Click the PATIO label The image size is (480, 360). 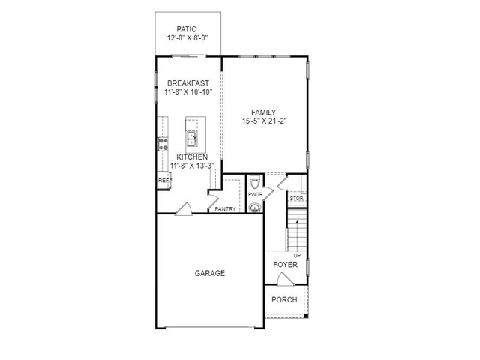[x=187, y=29]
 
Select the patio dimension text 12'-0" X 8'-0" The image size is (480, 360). [x=187, y=38]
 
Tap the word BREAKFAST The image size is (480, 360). [x=187, y=83]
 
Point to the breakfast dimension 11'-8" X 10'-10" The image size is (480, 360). [x=187, y=92]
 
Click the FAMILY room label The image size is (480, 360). [x=264, y=112]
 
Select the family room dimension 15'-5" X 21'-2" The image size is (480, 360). [x=264, y=121]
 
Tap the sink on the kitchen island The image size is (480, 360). [x=192, y=139]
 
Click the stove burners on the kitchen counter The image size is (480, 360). [x=163, y=144]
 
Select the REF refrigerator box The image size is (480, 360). [x=163, y=181]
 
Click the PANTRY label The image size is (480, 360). [x=225, y=209]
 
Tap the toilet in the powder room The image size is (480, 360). [x=254, y=183]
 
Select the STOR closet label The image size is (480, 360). [x=296, y=199]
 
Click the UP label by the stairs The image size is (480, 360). [x=297, y=255]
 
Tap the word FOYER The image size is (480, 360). [x=285, y=265]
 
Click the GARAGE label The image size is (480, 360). [x=210, y=274]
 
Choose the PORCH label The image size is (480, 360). [x=284, y=299]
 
